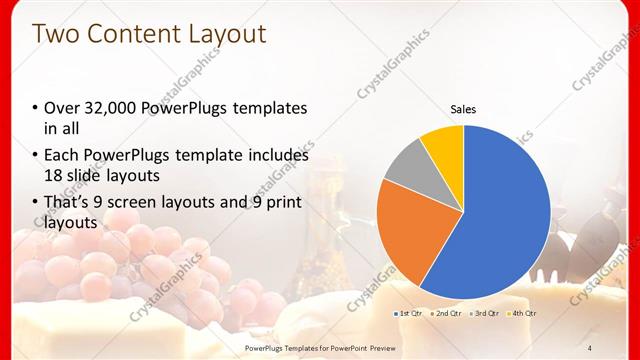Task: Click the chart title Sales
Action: pyautogui.click(x=463, y=109)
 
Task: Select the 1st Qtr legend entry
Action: pyautogui.click(x=409, y=313)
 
